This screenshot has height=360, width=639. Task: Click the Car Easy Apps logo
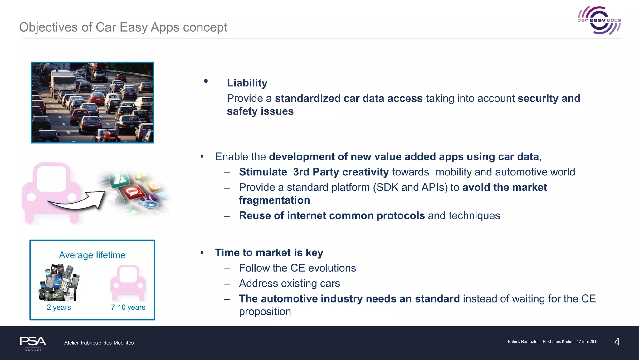pos(599,20)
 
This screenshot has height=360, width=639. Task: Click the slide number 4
pos(617,342)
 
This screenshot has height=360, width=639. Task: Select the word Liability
pos(247,83)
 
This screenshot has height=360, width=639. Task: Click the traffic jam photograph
pos(92,102)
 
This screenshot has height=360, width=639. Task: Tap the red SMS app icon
pos(132,191)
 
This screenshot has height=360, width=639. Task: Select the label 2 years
pos(59,307)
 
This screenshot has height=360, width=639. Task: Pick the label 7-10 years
pos(128,307)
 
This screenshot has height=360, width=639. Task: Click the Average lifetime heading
pos(92,255)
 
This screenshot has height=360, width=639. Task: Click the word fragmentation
pos(274,200)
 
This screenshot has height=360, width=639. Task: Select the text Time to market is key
pos(269,253)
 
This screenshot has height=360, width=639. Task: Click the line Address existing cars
pos(289,284)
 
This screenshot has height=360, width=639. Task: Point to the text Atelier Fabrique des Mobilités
pos(99,343)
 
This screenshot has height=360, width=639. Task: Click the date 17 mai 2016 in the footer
pos(587,342)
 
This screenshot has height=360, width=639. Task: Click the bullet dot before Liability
pos(206,81)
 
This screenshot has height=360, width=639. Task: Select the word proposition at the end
pos(265,312)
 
